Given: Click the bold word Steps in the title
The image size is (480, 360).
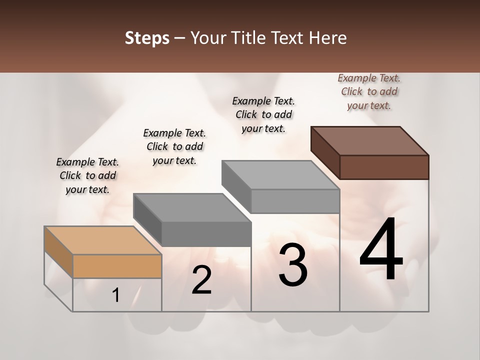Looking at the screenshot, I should click(x=147, y=38).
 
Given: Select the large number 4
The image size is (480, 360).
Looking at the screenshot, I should click(x=381, y=250).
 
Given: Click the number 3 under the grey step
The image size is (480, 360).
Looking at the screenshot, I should click(x=293, y=265).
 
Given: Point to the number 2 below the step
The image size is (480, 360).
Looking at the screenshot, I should click(x=202, y=280).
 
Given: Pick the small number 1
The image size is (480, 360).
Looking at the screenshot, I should click(x=116, y=295).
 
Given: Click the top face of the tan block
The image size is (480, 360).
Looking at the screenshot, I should click(x=103, y=240).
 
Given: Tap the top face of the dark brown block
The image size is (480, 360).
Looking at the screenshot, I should click(x=370, y=140).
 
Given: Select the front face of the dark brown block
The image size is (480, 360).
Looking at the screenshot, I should click(x=384, y=167).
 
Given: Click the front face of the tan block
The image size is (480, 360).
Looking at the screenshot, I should click(x=117, y=266).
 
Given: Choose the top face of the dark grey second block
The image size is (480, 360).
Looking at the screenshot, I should click(x=192, y=207).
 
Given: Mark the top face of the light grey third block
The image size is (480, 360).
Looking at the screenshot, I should click(x=280, y=174).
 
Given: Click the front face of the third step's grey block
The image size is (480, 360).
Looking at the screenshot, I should click(x=295, y=201).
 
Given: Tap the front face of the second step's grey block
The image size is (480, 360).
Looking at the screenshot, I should click(x=206, y=234).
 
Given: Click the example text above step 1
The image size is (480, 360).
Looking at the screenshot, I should click(x=87, y=175).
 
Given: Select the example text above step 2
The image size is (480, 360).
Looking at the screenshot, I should click(x=174, y=146).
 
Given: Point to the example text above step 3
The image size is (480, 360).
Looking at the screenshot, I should click(x=263, y=114).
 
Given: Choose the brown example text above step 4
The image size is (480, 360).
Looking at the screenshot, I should click(x=369, y=91).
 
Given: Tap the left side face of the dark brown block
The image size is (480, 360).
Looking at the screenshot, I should click(x=325, y=152).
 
